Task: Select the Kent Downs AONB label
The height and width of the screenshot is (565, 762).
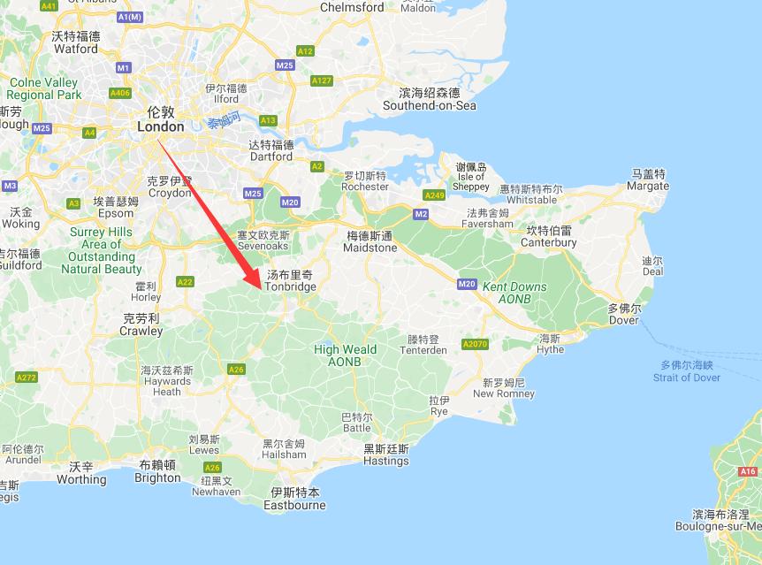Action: pos(514,293)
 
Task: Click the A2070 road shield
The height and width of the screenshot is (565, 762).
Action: pos(475,343)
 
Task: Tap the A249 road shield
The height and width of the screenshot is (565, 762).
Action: pos(434,195)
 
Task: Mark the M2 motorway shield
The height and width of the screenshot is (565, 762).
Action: pos(421,214)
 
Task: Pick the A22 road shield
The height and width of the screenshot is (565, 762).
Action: pos(185,282)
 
